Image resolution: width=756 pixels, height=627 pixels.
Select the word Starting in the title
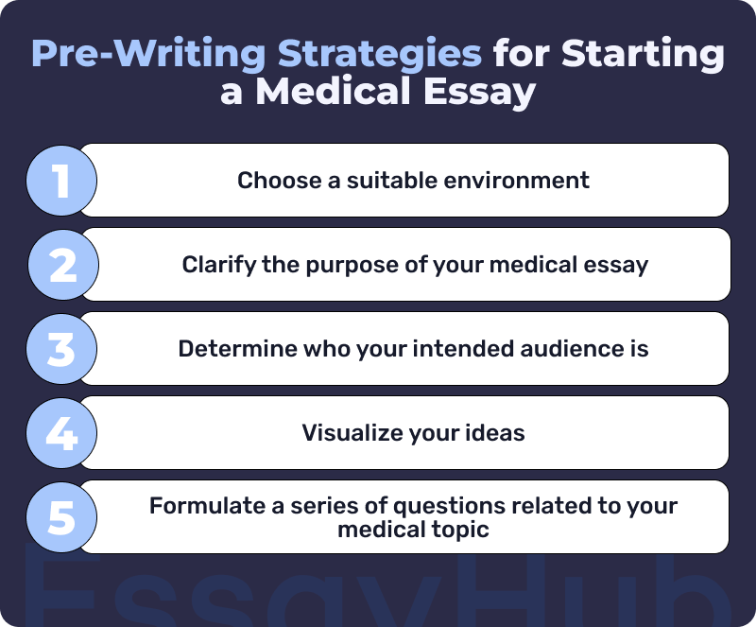coord(643,53)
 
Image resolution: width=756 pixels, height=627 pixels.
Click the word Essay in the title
coord(480,93)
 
